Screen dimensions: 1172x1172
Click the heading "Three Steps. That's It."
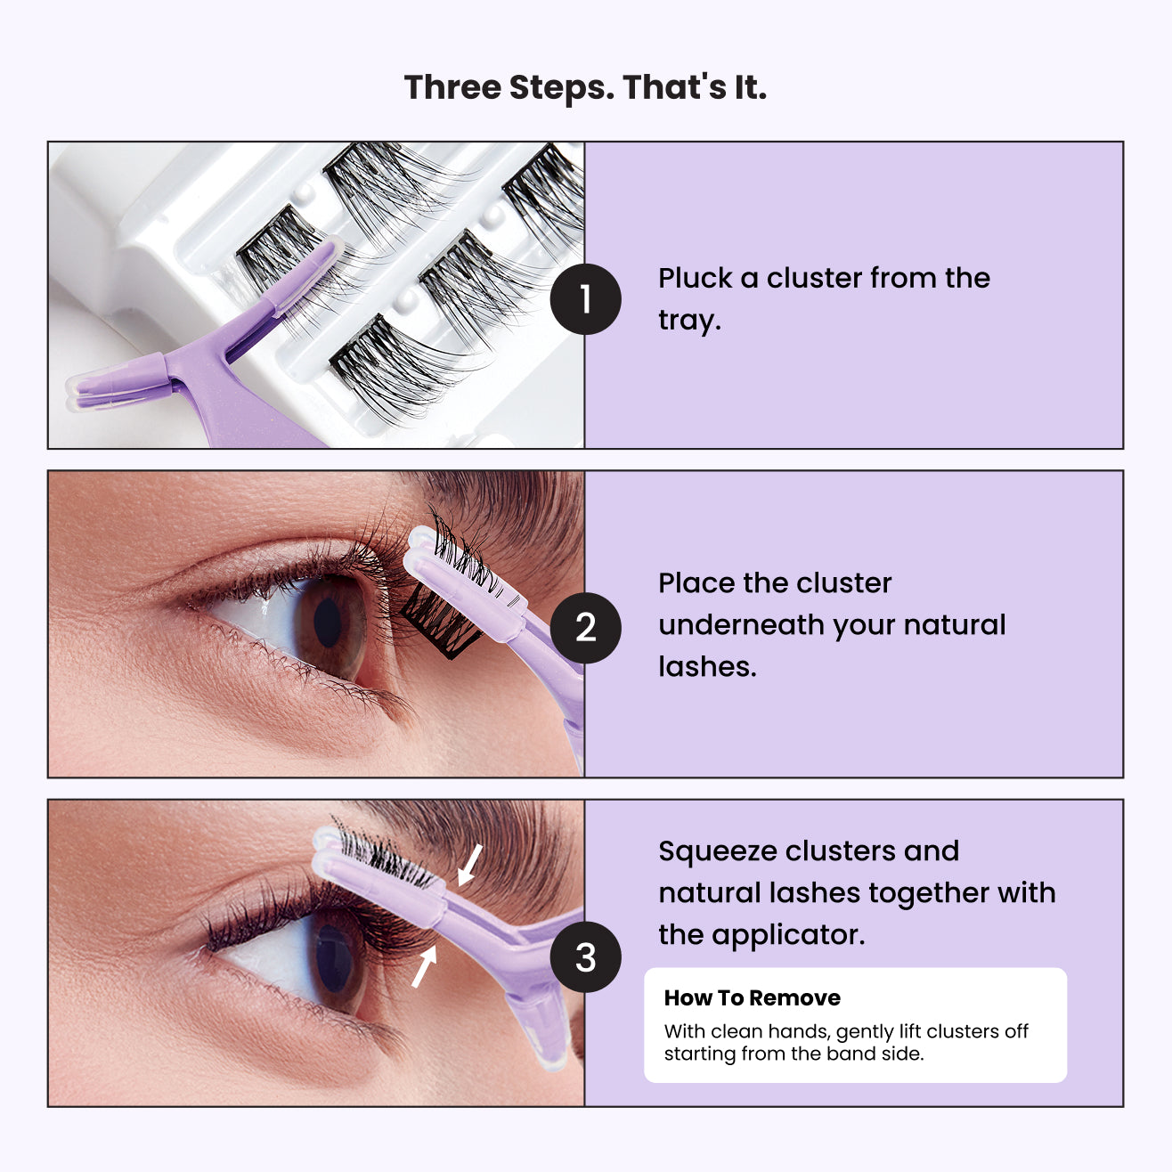click(x=585, y=87)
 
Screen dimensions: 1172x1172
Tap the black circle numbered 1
click(x=585, y=299)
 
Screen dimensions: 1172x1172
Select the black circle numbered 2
click(x=585, y=628)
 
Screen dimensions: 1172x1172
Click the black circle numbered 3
click(x=585, y=957)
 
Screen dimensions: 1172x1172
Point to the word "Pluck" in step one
click(x=695, y=278)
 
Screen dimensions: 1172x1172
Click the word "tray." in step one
click(x=689, y=320)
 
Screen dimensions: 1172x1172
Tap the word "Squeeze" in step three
click(x=718, y=851)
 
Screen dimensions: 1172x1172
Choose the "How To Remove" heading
click(x=752, y=997)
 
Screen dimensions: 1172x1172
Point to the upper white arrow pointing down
click(x=469, y=865)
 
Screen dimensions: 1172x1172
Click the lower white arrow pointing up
click(x=424, y=967)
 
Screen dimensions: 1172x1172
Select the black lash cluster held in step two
click(x=441, y=614)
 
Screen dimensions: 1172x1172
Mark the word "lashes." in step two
click(x=707, y=667)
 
